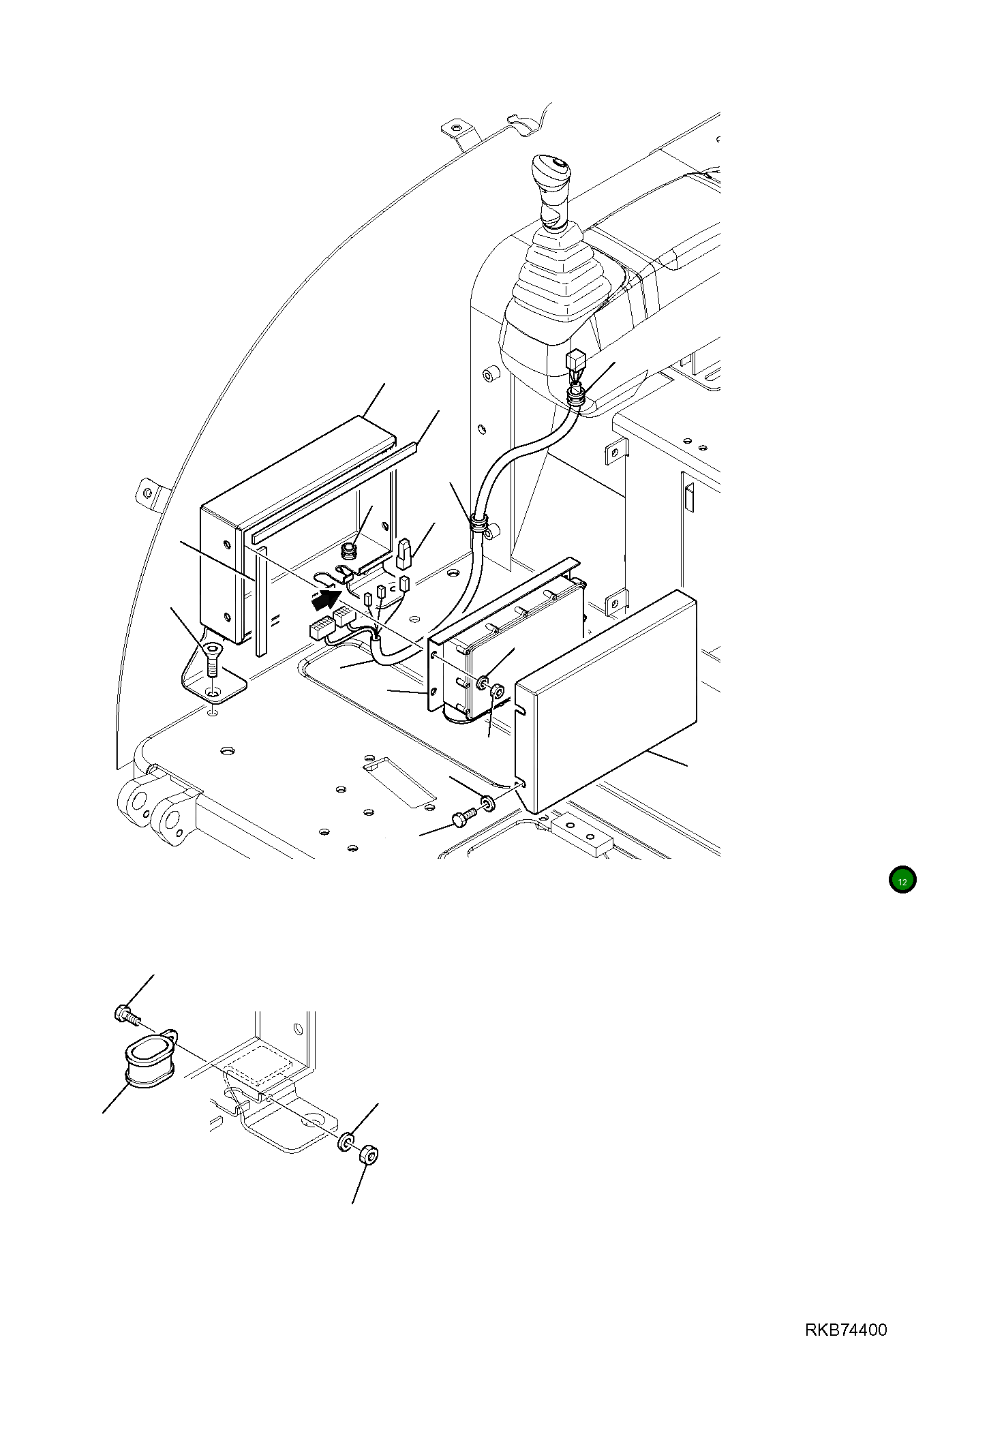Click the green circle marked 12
[902, 880]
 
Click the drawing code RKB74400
[846, 1330]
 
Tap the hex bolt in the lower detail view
[125, 1015]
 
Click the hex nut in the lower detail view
[368, 1155]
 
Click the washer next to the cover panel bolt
[488, 802]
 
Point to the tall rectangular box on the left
[222, 572]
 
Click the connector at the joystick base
[577, 359]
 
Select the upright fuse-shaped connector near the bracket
[403, 554]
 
